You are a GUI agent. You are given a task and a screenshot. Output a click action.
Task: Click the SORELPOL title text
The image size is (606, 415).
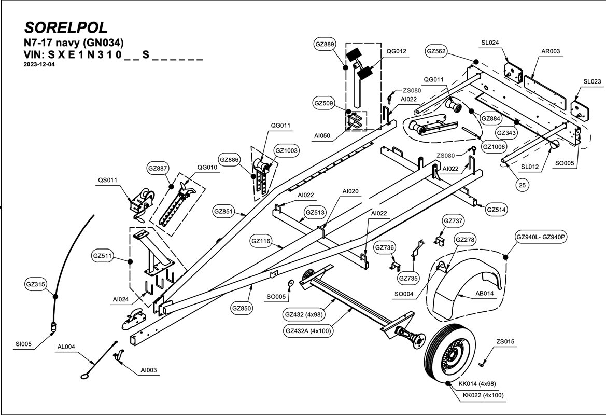point(66,27)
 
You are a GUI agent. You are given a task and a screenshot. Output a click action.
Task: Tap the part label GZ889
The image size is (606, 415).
point(325,45)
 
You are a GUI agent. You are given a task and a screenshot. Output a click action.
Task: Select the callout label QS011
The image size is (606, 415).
point(108,181)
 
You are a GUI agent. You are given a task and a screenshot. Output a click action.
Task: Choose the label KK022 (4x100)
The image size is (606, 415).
point(483,395)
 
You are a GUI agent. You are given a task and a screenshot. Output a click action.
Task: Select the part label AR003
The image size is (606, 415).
point(551,52)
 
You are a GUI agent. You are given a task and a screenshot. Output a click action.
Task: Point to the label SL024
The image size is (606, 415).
point(490,43)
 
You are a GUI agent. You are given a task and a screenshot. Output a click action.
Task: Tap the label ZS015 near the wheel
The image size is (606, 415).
point(505,342)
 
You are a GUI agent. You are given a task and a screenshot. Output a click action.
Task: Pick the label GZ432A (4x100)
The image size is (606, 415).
point(308,330)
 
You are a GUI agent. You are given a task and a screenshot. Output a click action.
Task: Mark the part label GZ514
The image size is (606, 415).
point(497,210)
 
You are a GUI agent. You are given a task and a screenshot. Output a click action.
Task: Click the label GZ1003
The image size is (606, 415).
point(287,150)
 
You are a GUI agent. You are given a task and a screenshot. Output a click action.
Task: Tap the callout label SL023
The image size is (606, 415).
point(592,81)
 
